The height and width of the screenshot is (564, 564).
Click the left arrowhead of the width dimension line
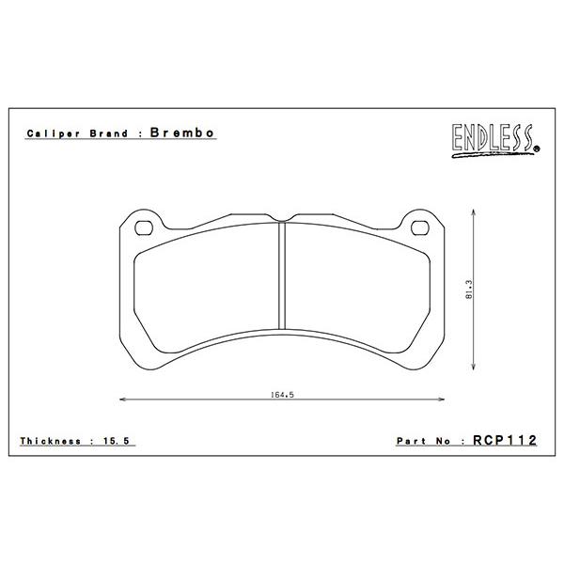pyautogui.click(x=125, y=399)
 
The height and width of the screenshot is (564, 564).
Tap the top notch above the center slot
pyautogui.click(x=283, y=222)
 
